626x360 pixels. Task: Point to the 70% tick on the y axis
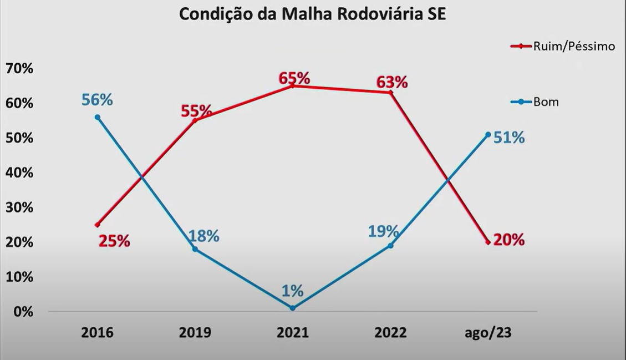coord(19,69)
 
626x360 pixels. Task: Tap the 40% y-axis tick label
coord(19,173)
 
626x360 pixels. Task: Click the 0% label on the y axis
coord(23,312)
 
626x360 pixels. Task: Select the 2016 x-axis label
coord(97,333)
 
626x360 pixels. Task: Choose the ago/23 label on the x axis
coord(487,333)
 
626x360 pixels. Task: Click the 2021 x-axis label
coord(292,333)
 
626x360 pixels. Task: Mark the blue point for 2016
coord(98,117)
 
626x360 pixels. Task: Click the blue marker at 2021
coord(292,308)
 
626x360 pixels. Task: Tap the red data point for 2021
coord(292,86)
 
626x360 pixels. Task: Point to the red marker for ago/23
coord(487,242)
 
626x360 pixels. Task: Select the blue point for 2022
coord(390,245)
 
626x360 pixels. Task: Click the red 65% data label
coord(294,77)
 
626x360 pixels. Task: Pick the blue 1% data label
coord(292,291)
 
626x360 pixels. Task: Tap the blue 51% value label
coord(509,138)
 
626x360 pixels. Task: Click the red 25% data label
coord(114,241)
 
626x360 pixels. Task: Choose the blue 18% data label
coord(203,236)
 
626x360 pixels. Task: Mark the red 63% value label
coord(392,82)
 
